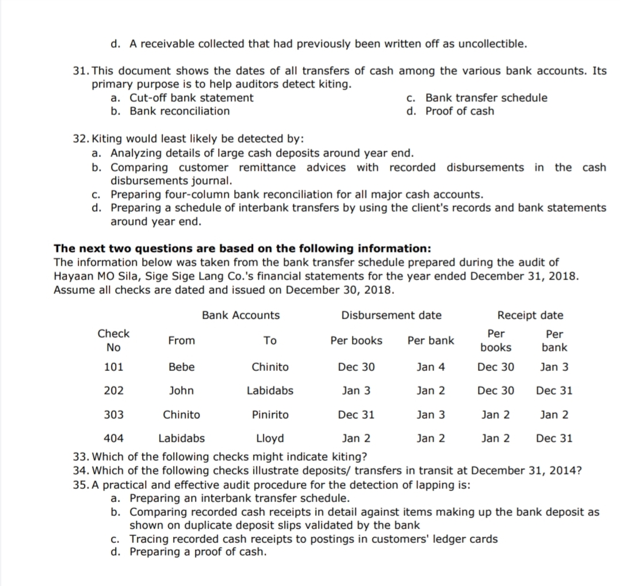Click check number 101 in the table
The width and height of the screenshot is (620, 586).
pyautogui.click(x=114, y=367)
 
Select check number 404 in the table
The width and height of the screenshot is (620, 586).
pyautogui.click(x=114, y=438)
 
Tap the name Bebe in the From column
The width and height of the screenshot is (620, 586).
pyautogui.click(x=182, y=367)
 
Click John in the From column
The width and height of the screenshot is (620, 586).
pyautogui.click(x=182, y=391)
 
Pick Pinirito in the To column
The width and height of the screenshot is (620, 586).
pyautogui.click(x=270, y=415)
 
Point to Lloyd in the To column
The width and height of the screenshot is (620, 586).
pyautogui.click(x=270, y=438)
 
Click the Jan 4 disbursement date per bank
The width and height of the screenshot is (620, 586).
pyautogui.click(x=431, y=367)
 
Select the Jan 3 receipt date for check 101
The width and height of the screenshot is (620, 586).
pyautogui.click(x=554, y=367)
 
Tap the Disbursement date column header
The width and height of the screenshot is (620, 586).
pyautogui.click(x=392, y=315)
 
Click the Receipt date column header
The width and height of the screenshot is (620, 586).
pyautogui.click(x=530, y=315)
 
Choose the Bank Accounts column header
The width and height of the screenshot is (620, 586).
pyautogui.click(x=241, y=315)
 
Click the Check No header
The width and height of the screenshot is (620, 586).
pyautogui.click(x=114, y=340)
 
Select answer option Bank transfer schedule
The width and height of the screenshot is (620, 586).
pyautogui.click(x=487, y=98)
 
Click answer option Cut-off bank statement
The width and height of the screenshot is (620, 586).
pyautogui.click(x=191, y=98)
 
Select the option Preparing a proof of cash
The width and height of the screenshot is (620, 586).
pyautogui.click(x=198, y=552)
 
